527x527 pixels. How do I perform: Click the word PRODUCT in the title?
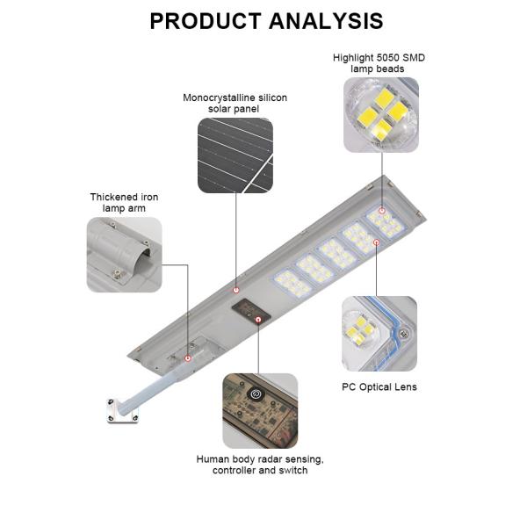click(205, 21)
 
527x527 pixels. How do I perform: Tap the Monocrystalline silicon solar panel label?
click(235, 103)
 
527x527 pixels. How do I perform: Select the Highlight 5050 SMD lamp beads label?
click(379, 62)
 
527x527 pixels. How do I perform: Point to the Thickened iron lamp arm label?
click(124, 203)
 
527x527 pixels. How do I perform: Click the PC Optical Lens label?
click(379, 386)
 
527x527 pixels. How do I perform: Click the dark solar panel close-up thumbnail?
click(235, 155)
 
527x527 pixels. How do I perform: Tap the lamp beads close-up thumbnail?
click(380, 115)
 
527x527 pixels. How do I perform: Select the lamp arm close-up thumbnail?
click(124, 255)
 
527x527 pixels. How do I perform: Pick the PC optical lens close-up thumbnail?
click(379, 333)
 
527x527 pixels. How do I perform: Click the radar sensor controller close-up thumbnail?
click(259, 410)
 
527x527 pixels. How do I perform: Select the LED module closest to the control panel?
click(290, 285)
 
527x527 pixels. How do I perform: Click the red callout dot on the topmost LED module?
click(382, 211)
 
